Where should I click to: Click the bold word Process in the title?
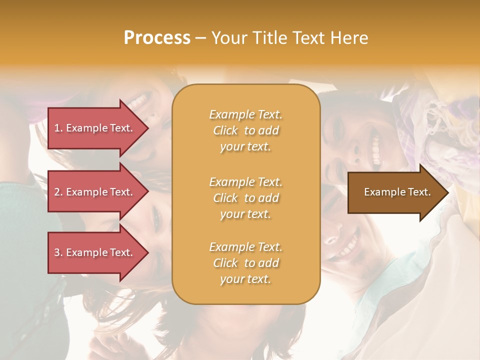[157, 38]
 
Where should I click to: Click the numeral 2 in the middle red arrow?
[57, 192]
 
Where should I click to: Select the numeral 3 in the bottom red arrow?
[57, 252]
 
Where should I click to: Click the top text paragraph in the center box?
[245, 130]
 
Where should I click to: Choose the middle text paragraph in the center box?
[245, 198]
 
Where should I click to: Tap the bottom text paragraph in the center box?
[245, 263]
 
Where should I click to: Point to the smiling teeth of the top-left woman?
[138, 101]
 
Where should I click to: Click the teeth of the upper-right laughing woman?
[376, 148]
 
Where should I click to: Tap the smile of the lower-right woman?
[350, 243]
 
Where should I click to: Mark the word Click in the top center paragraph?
[225, 130]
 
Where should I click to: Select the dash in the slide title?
[200, 38]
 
